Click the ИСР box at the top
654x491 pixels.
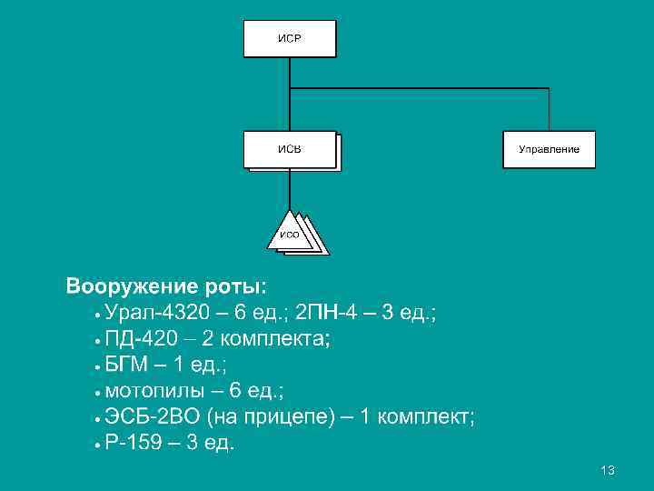click(289, 39)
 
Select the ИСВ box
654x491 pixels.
click(290, 149)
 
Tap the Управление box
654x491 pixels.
click(550, 149)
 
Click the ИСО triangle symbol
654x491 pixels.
click(290, 233)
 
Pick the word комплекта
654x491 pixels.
click(273, 340)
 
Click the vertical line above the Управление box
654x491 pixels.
click(550, 109)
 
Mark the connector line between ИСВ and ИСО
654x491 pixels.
click(289, 191)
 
